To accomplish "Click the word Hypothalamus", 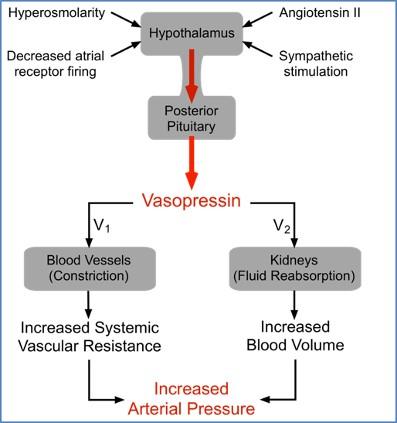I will pyautogui.click(x=191, y=33).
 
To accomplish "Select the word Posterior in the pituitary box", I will pyautogui.click(x=191, y=110).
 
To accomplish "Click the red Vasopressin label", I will pyautogui.click(x=191, y=201).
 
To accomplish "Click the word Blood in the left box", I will pyautogui.click(x=62, y=261).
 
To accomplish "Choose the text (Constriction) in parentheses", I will pyautogui.click(x=88, y=275).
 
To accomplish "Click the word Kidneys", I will pyautogui.click(x=294, y=261).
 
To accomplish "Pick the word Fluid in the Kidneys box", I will pyautogui.click(x=253, y=275).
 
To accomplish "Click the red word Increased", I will pyautogui.click(x=191, y=389).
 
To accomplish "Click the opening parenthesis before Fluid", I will pyautogui.click(x=235, y=275).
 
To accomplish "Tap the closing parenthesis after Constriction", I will pyautogui.click(x=127, y=275).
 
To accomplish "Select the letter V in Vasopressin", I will pyautogui.click(x=148, y=201).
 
